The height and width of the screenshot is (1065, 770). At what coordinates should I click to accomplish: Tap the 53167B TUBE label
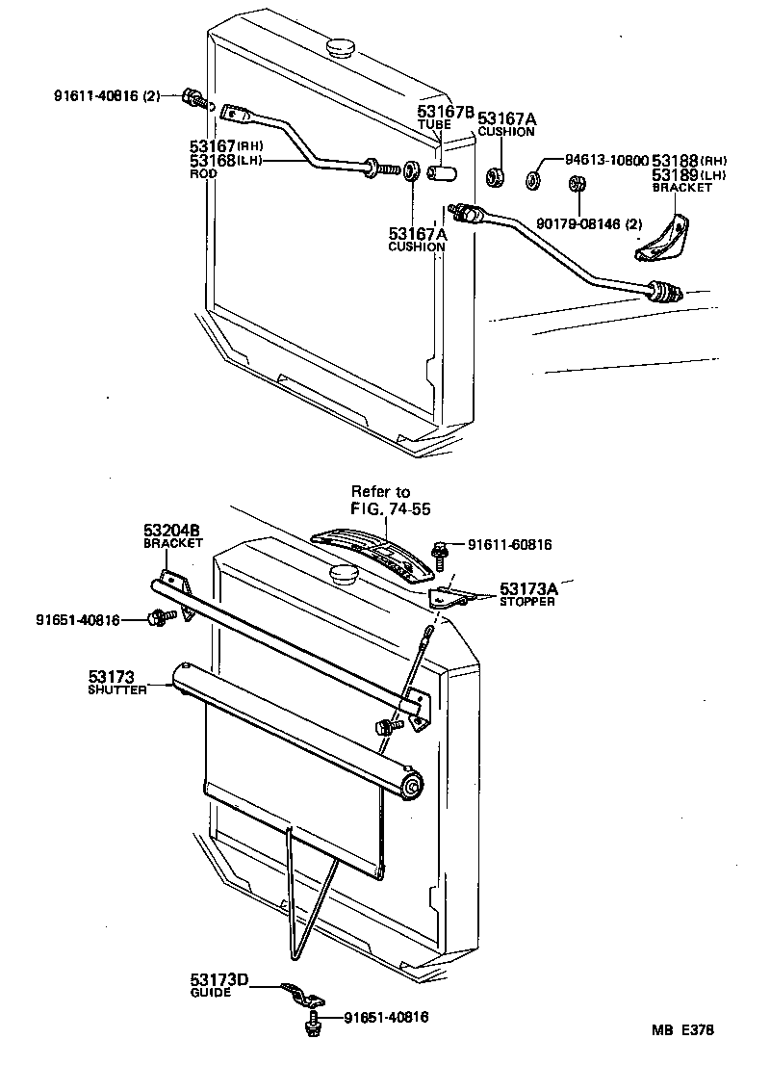(x=445, y=117)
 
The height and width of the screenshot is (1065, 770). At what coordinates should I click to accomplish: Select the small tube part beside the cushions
(x=441, y=175)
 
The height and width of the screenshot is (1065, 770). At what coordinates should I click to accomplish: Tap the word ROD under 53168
(x=203, y=173)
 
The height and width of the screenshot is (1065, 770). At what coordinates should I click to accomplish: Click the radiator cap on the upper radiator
(x=342, y=46)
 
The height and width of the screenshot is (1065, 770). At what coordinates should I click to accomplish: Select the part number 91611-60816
(x=510, y=544)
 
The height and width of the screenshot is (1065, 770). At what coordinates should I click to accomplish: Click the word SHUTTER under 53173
(x=115, y=690)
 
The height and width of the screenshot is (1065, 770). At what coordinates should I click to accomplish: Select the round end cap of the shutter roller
(x=415, y=786)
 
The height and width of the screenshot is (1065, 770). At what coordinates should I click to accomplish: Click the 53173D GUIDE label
(x=218, y=985)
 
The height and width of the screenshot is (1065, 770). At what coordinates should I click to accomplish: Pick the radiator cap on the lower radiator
(x=342, y=575)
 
